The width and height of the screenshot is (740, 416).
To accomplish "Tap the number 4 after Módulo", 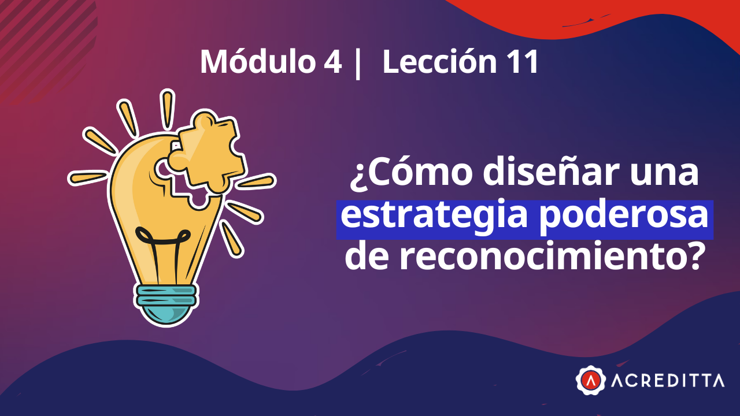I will (332, 63).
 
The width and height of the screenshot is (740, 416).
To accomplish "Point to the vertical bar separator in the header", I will (357, 63).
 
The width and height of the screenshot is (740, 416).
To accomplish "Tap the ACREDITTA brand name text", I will (667, 380).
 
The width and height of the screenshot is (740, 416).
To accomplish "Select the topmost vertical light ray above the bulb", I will (167, 108).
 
